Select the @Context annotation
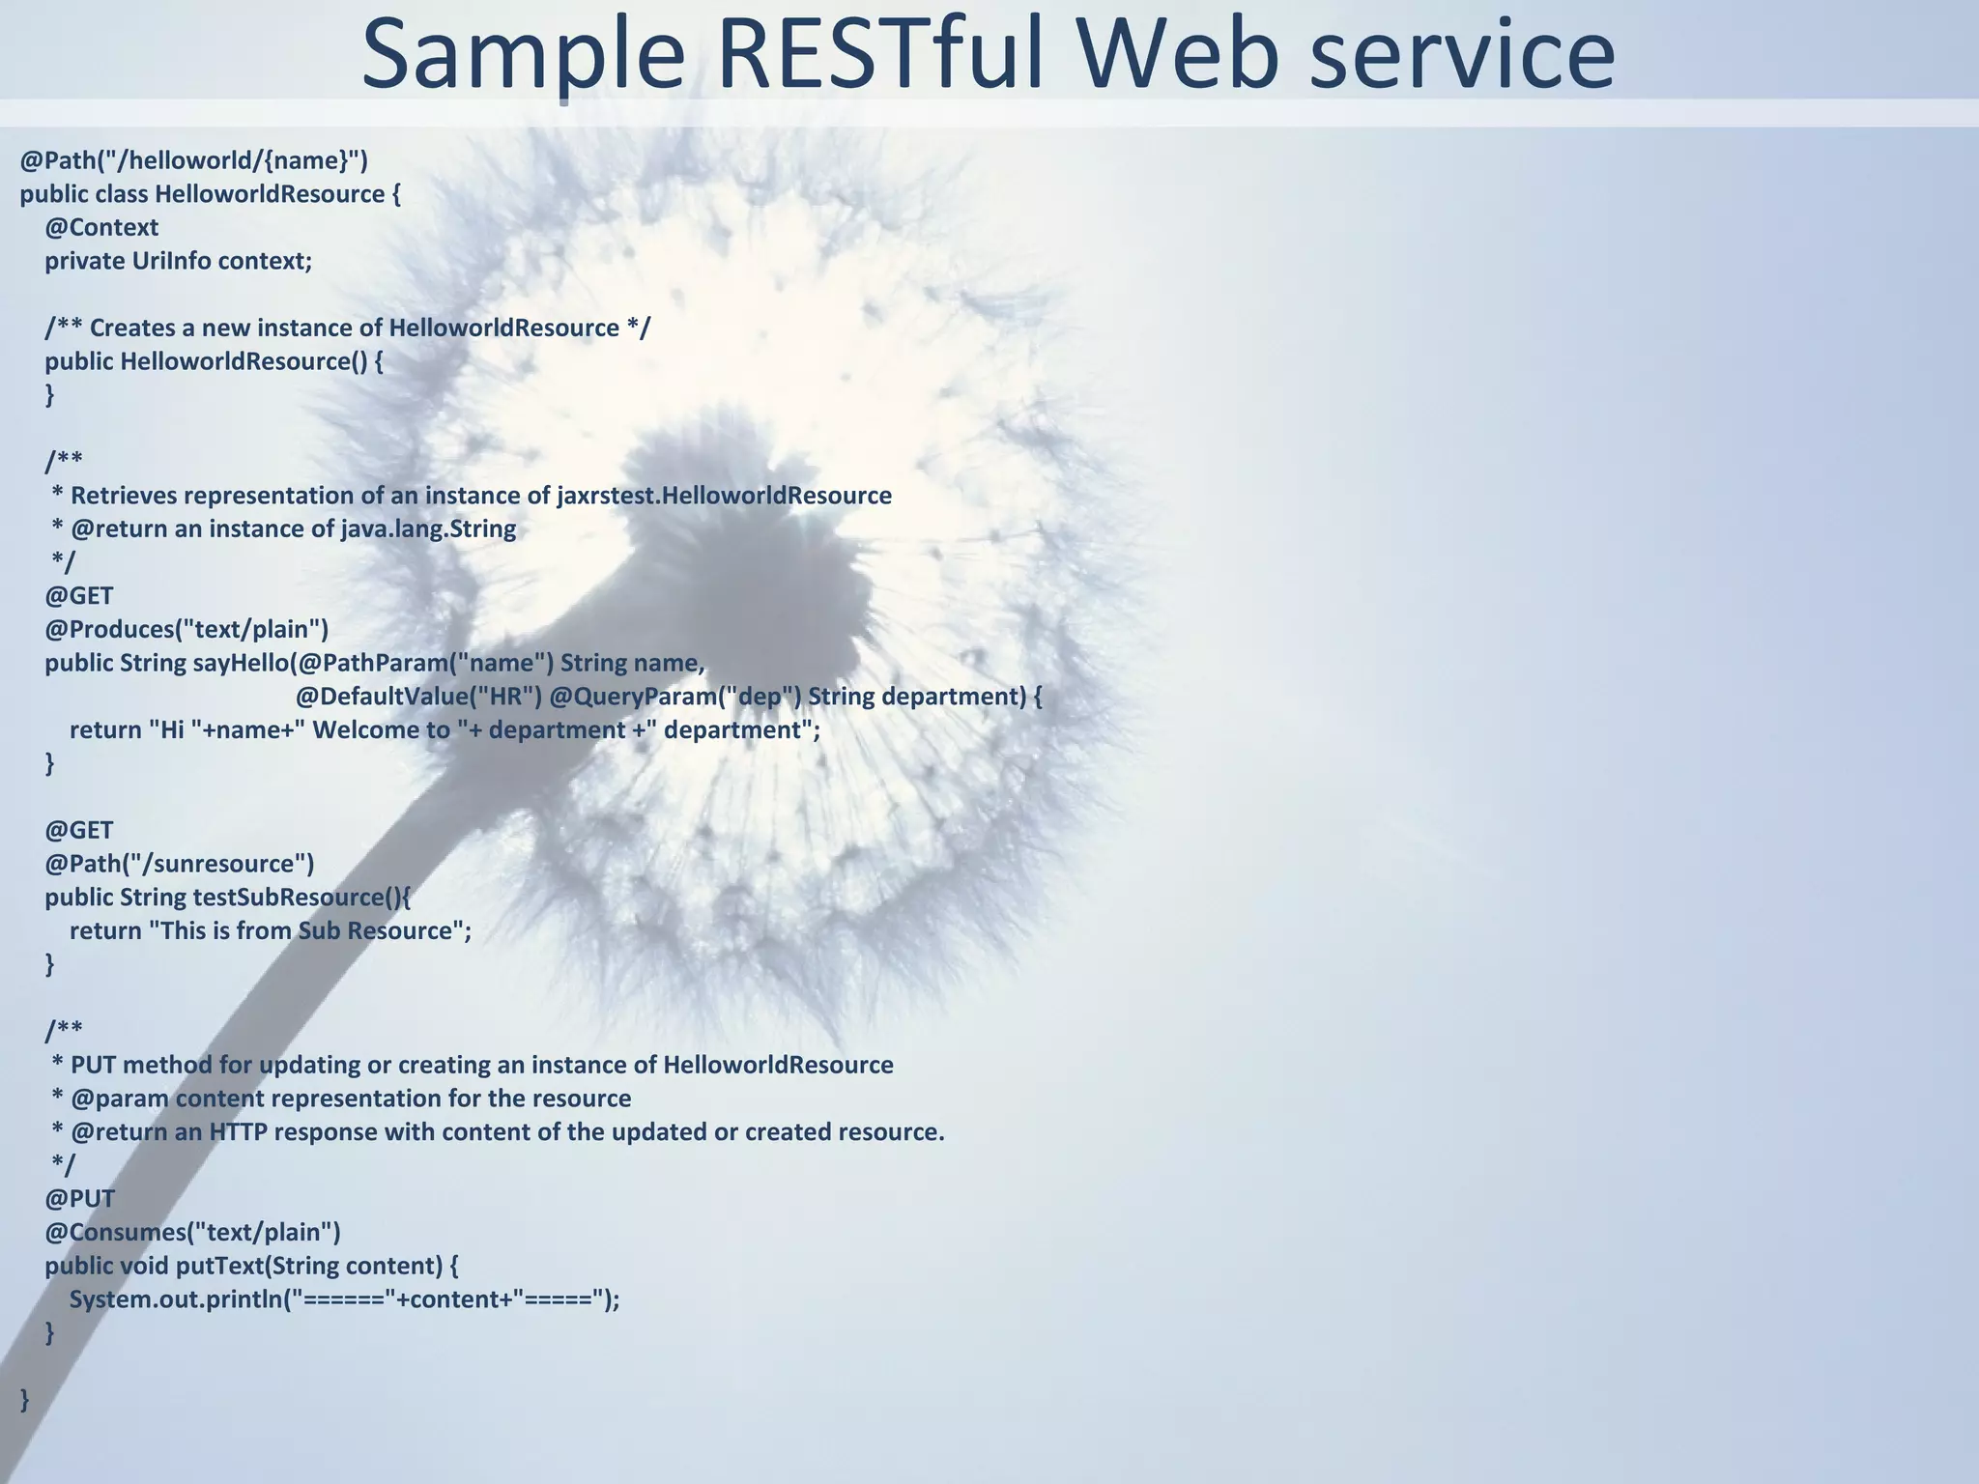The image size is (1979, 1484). [x=101, y=228]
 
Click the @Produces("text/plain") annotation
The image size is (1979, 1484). [x=186, y=630]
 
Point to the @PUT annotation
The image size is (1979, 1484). [x=79, y=1199]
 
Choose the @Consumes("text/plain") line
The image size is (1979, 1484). [x=192, y=1233]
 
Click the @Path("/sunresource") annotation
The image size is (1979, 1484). [x=180, y=864]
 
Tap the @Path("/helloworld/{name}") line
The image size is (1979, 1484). [x=194, y=160]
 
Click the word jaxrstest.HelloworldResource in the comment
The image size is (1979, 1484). [x=724, y=496]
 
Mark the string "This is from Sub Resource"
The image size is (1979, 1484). [x=306, y=931]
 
